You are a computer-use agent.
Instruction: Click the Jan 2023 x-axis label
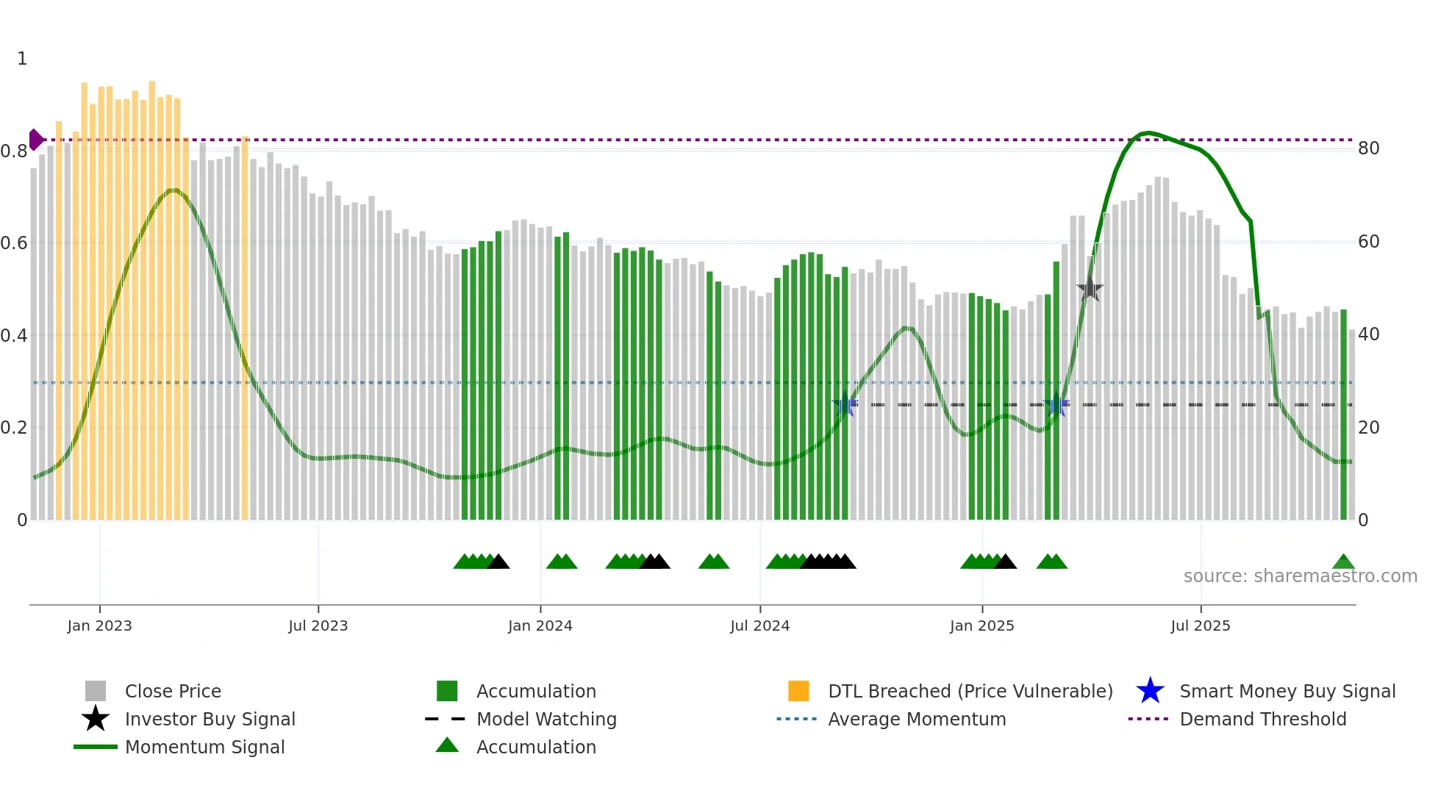[x=99, y=626]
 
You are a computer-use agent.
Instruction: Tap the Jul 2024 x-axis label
[x=759, y=626]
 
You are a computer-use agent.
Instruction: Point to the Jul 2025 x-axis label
[x=1200, y=626]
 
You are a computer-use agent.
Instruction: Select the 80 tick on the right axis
[x=1368, y=148]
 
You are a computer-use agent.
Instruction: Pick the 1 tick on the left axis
[x=22, y=59]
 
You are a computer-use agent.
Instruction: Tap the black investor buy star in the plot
[x=1090, y=290]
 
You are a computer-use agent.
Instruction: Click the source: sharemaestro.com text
[x=1300, y=576]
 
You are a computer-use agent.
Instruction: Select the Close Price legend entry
[x=173, y=691]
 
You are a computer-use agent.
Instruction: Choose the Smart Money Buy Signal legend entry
[x=1287, y=691]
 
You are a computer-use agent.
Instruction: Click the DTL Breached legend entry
[x=970, y=691]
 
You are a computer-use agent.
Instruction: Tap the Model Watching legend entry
[x=546, y=719]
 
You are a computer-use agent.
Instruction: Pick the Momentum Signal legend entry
[x=204, y=747]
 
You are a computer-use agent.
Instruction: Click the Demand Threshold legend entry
[x=1262, y=719]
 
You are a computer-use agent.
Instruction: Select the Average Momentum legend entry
[x=916, y=719]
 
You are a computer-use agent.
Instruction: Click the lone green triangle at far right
[x=1343, y=562]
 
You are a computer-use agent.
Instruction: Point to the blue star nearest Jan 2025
[x=1056, y=404]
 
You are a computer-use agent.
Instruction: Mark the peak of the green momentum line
[x=1148, y=132]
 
